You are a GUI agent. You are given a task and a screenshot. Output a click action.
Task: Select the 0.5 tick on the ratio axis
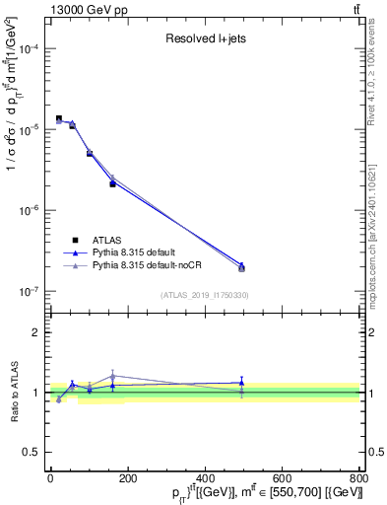coord(33,453)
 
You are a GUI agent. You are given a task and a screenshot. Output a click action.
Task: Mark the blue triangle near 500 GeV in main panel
coord(241,265)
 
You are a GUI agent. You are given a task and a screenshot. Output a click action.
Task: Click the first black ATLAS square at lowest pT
coord(59,118)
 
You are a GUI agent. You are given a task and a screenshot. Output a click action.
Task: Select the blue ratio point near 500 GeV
coord(241,382)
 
